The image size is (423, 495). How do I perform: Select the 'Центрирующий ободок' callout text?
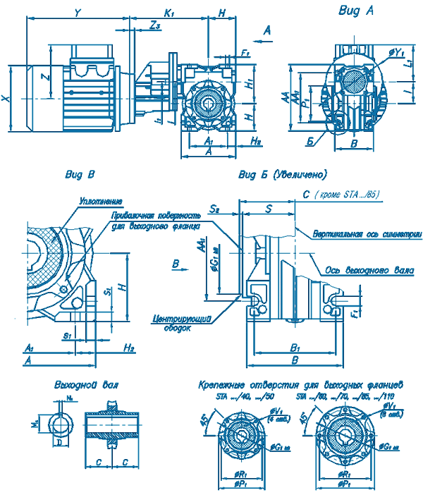pos(183,323)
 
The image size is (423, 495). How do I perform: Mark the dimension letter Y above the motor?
pos(78,12)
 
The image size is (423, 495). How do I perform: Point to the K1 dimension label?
pos(169,12)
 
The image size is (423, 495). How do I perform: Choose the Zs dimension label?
pos(157,25)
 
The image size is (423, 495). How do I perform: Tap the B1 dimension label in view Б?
pos(296,347)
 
